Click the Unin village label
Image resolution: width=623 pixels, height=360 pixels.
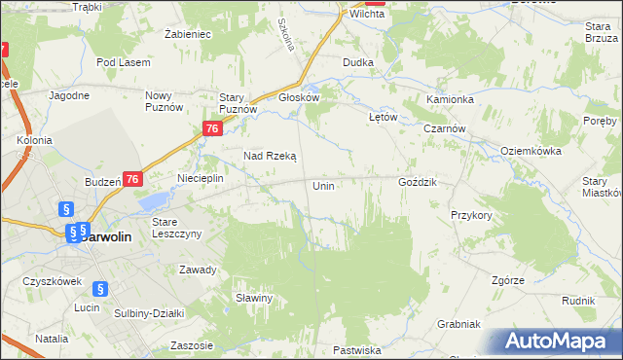point(324,185)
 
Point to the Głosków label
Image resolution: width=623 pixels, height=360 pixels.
point(299,97)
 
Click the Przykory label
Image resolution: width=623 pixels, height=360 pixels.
point(471,215)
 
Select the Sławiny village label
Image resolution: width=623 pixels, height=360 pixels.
point(253,298)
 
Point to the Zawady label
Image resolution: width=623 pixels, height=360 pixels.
point(197,270)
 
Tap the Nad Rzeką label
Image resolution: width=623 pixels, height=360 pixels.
point(270,156)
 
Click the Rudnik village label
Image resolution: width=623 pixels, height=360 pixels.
point(578,301)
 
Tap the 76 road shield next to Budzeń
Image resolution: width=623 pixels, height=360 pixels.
point(133,179)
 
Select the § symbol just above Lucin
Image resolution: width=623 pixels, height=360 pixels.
point(99,288)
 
